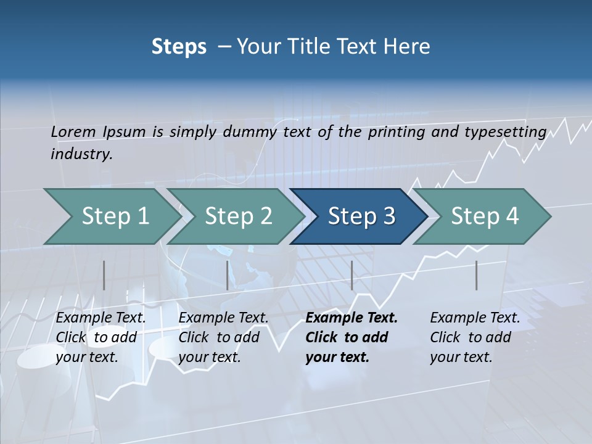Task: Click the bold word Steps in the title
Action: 179,47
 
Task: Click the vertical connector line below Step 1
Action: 104,275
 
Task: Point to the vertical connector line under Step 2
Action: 228,275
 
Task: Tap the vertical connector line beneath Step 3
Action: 351,275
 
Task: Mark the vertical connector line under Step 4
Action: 477,275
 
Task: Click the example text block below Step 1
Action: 101,337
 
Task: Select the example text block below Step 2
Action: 223,337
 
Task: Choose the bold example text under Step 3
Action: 351,337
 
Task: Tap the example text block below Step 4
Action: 475,337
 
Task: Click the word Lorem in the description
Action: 73,131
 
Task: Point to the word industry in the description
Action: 81,154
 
